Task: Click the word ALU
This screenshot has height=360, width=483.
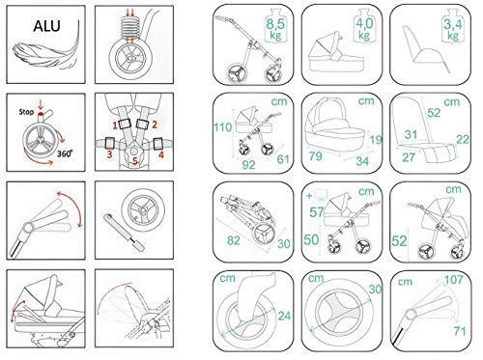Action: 46,26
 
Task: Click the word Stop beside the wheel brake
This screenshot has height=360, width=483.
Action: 26,112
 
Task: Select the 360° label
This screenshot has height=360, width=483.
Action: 65,153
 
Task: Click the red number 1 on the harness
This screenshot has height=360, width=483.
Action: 115,125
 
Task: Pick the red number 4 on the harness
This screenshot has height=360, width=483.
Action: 161,154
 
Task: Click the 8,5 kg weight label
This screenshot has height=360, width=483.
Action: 275,29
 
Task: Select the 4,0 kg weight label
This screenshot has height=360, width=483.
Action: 364,29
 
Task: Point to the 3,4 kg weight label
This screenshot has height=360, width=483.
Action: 453,29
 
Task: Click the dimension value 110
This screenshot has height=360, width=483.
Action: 223,127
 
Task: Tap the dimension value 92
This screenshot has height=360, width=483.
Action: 248,165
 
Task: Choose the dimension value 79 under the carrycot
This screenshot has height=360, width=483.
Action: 316,156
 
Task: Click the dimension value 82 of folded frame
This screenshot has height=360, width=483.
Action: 234,240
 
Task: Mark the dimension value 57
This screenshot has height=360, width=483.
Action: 317,212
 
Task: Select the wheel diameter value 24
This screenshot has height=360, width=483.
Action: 284,316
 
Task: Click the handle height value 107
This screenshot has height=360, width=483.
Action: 454,280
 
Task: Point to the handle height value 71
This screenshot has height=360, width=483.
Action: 460,331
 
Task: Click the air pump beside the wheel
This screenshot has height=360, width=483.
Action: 125,233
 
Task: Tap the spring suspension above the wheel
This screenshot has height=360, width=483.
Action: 130,28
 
